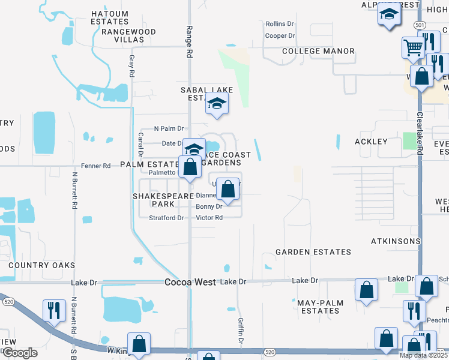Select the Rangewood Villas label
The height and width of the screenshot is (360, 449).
[128, 36]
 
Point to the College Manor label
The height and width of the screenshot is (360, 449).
[318, 51]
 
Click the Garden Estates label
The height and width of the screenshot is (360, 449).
[313, 251]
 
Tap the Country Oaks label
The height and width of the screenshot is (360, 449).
[42, 265]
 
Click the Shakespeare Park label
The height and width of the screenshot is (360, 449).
[163, 200]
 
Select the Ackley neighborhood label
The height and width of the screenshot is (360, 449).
[371, 142]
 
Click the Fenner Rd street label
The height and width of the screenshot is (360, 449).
[96, 166]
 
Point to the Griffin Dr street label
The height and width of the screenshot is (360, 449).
[241, 331]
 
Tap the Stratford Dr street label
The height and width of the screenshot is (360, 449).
[166, 218]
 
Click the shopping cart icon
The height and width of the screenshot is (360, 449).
[413, 47]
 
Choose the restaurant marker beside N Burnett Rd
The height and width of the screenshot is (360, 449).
[54, 310]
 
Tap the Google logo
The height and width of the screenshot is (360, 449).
[20, 353]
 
